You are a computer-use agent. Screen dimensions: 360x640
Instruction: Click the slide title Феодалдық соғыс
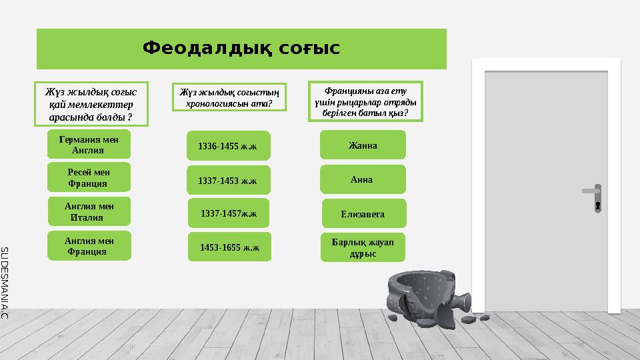click(241, 49)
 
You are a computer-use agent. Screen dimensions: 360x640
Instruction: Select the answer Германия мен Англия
click(89, 145)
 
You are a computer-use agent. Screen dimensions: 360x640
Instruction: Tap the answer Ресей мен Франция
click(89, 177)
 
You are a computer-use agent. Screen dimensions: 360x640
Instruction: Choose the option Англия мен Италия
click(89, 211)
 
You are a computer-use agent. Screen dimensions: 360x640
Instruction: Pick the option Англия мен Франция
click(89, 245)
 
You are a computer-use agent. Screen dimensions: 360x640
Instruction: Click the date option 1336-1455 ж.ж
click(228, 145)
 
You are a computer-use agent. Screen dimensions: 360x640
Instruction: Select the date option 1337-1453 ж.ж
click(228, 180)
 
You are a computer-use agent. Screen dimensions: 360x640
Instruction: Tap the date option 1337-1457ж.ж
click(229, 213)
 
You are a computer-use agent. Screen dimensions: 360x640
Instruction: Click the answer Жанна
click(363, 145)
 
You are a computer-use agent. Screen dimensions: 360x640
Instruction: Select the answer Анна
click(362, 179)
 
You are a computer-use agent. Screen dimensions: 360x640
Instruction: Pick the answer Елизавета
click(363, 214)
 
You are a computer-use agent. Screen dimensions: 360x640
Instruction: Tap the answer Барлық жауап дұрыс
click(363, 247)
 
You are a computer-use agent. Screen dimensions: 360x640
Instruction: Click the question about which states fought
click(91, 104)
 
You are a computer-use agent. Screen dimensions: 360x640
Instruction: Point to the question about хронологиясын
click(229, 97)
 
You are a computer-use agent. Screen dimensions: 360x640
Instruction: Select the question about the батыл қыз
click(365, 101)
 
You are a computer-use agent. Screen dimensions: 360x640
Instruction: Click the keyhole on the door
click(598, 206)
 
